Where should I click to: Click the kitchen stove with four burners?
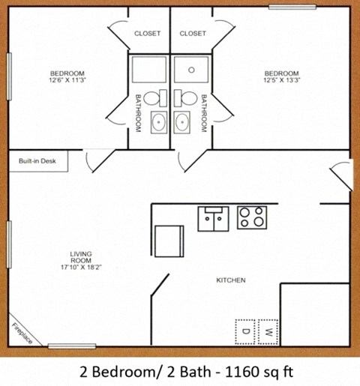(252, 217)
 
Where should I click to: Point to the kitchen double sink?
(212, 219)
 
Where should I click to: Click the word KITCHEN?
(231, 280)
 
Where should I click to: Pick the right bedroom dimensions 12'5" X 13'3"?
(281, 81)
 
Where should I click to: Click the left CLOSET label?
(148, 34)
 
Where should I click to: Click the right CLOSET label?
(193, 34)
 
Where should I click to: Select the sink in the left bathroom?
(158, 121)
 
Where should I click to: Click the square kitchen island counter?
(169, 241)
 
